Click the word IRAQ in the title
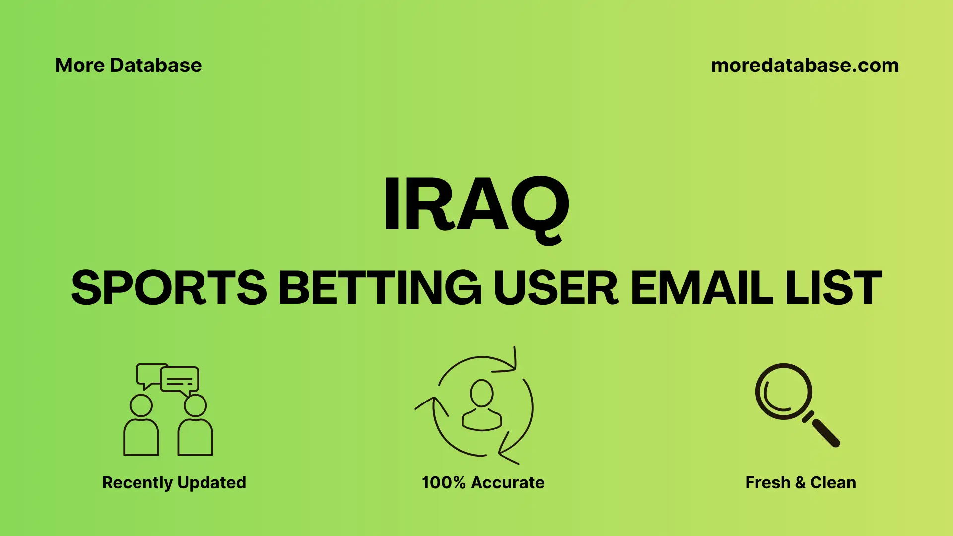(476, 204)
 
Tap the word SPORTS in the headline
(169, 288)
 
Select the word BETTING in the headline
(380, 288)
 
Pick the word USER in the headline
(556, 288)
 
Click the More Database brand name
(128, 66)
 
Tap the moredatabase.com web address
(805, 66)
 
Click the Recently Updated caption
(174, 482)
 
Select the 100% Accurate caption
(483, 482)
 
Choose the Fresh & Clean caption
(800, 482)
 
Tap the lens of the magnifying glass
(783, 392)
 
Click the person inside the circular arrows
(481, 406)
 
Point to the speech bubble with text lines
(180, 380)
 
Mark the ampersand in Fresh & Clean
(800, 482)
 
